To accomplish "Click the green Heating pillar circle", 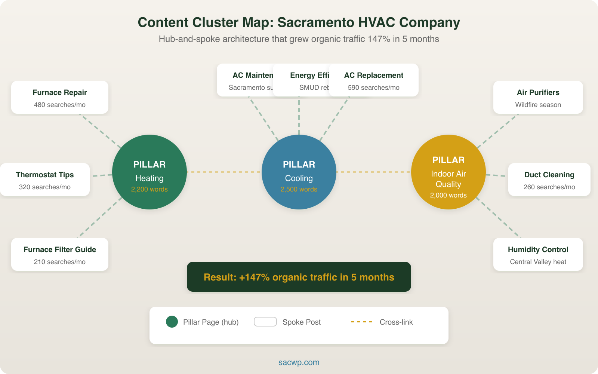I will pyautogui.click(x=149, y=172).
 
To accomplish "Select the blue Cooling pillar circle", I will pyautogui.click(x=299, y=172).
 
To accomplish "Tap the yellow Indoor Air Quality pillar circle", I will pyautogui.click(x=449, y=172).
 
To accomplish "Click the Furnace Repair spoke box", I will pyautogui.click(x=60, y=97).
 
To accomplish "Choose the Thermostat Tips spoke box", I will pyautogui.click(x=45, y=180).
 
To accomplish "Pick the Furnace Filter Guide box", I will pyautogui.click(x=60, y=254).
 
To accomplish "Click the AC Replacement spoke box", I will pyautogui.click(x=374, y=80).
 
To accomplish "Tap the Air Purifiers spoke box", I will pyautogui.click(x=538, y=97).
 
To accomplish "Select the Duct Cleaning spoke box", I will pyautogui.click(x=549, y=180).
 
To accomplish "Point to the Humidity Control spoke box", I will pyautogui.click(x=538, y=254).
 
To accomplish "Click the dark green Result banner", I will pyautogui.click(x=299, y=277).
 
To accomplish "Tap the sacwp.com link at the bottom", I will pyautogui.click(x=299, y=362).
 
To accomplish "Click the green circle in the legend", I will pyautogui.click(x=172, y=322).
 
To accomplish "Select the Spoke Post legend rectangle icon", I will pyautogui.click(x=265, y=322).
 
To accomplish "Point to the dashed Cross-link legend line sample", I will pyautogui.click(x=362, y=322).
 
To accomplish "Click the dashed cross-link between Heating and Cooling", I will pyautogui.click(x=224, y=172).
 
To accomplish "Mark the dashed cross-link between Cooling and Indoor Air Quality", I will pyautogui.click(x=374, y=172).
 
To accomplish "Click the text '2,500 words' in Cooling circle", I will pyautogui.click(x=299, y=189).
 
